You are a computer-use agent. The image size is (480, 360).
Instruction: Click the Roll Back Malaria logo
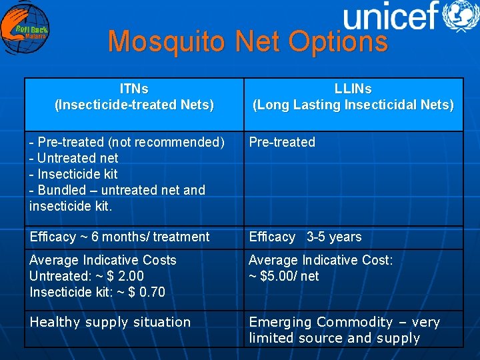[25, 29]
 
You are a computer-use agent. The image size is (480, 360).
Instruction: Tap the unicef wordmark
[390, 16]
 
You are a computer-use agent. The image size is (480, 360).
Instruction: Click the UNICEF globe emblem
[461, 16]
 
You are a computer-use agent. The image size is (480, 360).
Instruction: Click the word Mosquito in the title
[170, 41]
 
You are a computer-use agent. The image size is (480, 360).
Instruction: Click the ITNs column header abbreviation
[134, 89]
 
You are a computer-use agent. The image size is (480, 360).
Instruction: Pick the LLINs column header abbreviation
[353, 89]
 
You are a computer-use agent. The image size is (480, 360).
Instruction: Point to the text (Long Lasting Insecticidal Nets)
[353, 105]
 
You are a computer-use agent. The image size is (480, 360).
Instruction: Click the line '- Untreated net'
[74, 158]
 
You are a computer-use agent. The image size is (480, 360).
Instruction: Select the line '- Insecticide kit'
[73, 174]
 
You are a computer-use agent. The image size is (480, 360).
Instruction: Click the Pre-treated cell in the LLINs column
[282, 142]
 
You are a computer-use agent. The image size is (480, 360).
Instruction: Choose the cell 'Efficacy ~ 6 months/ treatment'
[119, 237]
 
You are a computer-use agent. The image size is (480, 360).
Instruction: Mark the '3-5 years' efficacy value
[334, 237]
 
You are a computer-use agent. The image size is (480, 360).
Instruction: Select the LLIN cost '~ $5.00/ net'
[284, 276]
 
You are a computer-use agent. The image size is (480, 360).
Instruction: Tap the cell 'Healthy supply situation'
[110, 322]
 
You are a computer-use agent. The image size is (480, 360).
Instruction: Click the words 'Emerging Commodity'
[321, 322]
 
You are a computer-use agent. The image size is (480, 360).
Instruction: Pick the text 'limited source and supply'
[334, 338]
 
